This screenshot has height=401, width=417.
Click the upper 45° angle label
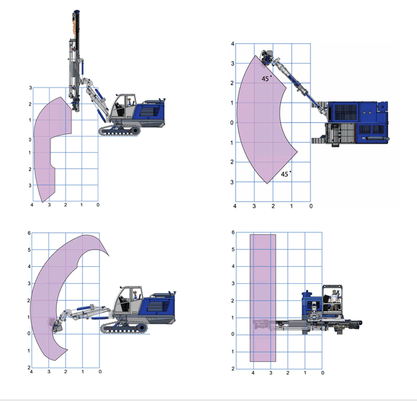pyautogui.click(x=266, y=79)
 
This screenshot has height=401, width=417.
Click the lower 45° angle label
pyautogui.click(x=286, y=174)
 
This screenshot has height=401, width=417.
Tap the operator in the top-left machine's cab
pyautogui.click(x=129, y=102)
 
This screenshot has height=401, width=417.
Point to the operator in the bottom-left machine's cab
pyautogui.click(x=135, y=295)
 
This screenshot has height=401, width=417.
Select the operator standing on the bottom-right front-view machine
pyautogui.click(x=334, y=298)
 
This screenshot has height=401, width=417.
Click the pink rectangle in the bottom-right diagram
pyautogui.click(x=263, y=298)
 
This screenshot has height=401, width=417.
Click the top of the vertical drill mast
pyautogui.click(x=76, y=12)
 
